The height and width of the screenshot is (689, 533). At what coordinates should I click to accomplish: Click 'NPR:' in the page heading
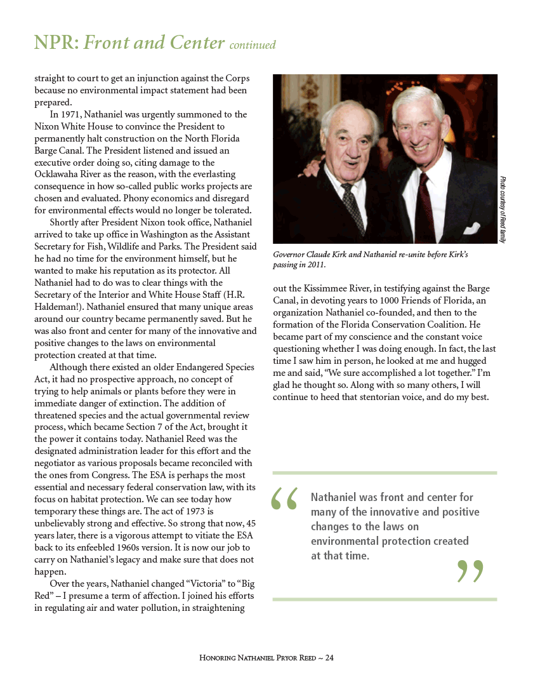[x=56, y=43]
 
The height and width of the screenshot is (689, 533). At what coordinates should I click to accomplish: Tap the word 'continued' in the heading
[x=253, y=45]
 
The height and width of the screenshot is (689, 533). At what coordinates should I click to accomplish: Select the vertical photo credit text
[x=502, y=210]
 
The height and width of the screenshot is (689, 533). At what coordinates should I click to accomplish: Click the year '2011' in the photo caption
[x=315, y=264]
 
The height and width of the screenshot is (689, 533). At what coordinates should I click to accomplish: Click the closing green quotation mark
[x=470, y=571]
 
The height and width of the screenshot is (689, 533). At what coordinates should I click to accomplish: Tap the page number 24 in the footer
[x=329, y=658]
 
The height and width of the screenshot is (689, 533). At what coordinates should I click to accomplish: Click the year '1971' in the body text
[x=73, y=114]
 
